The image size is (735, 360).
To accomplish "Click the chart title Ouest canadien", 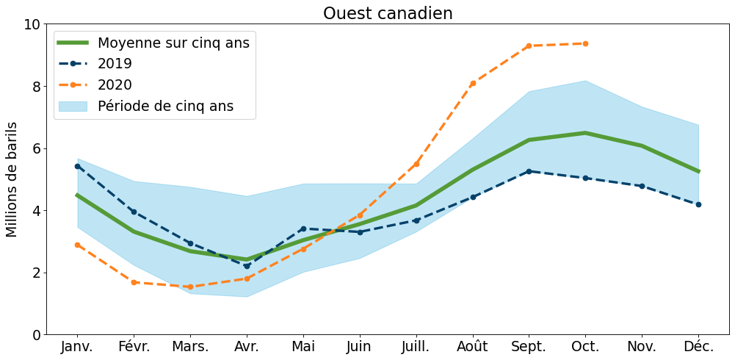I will point(388,13).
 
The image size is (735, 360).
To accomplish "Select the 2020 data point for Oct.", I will point(585,43).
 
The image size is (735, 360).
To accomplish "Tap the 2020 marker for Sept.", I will point(529,46).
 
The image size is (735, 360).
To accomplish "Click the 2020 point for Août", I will point(473,83).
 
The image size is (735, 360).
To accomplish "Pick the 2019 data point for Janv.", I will point(77,166).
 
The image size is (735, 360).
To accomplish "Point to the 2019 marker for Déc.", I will point(698,204).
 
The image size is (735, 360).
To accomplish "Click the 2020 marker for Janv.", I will point(77,245).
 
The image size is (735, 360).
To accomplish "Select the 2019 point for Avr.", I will point(247,266).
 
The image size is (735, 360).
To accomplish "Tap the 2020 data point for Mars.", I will point(190,287).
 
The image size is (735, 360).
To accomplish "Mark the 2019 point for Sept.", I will point(529,171).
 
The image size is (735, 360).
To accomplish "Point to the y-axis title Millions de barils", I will point(12,179).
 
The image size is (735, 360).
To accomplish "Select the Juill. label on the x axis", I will point(416,346).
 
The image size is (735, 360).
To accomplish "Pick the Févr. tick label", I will point(134,346).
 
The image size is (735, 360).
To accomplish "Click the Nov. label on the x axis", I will point(642,346).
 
